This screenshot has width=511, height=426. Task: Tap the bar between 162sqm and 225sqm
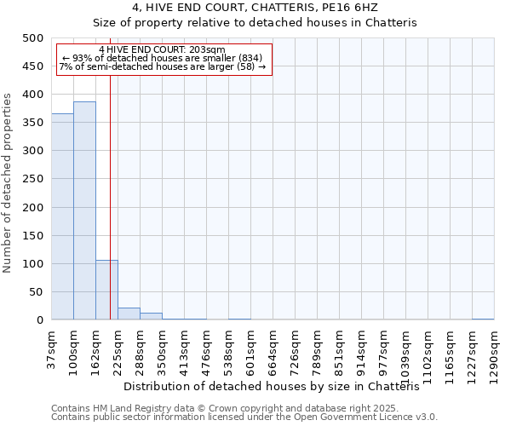point(106,291)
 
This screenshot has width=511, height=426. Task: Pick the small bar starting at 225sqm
point(129,314)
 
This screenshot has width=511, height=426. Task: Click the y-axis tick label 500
point(33,38)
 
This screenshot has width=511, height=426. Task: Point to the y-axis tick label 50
point(37,292)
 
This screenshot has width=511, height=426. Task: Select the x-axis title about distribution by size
point(278,386)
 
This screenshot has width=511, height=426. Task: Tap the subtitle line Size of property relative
point(255,23)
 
